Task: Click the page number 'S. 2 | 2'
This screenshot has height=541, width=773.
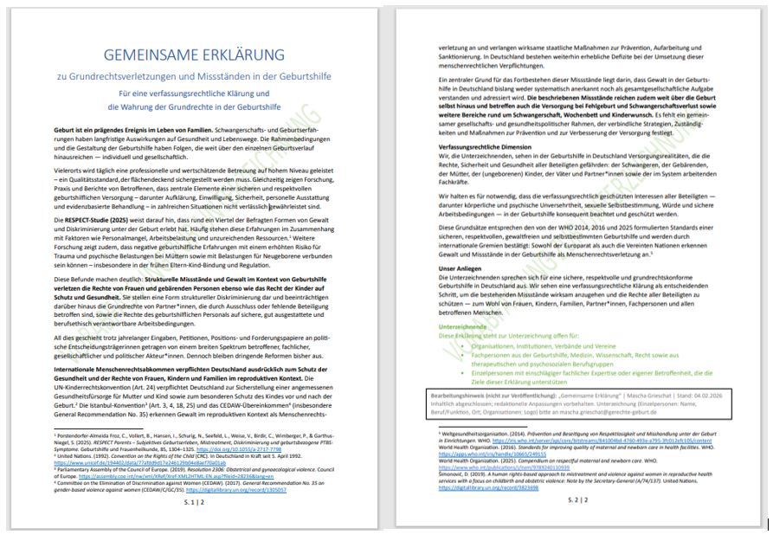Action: [577, 499]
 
